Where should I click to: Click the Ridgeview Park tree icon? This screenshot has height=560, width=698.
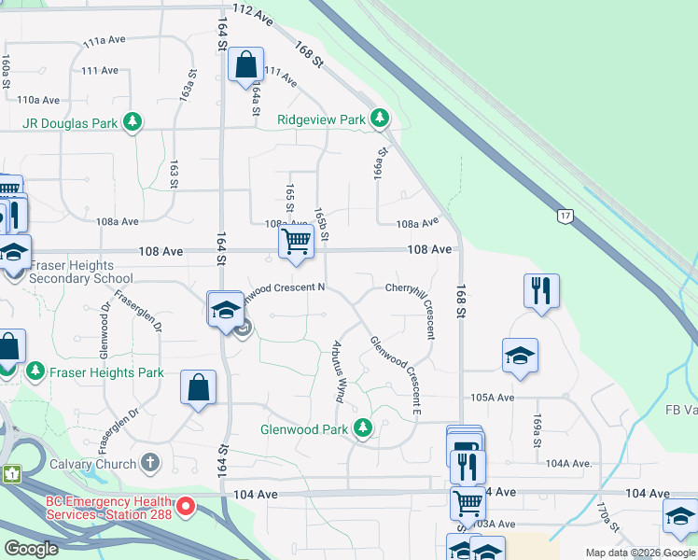[x=379, y=119]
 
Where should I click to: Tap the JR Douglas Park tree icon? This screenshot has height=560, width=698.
[x=133, y=121]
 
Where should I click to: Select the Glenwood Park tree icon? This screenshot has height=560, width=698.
[x=363, y=429]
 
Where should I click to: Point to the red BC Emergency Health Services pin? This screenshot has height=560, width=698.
[x=186, y=507]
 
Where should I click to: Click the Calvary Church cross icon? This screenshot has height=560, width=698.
[x=150, y=463]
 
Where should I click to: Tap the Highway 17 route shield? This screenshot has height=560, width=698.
[x=564, y=217]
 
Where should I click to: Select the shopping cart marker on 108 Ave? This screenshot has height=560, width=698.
[x=296, y=242]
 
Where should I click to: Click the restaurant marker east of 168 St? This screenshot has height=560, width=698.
[x=541, y=290]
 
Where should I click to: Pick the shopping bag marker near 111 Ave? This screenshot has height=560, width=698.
[x=246, y=65]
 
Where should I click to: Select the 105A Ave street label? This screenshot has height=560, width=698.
[x=493, y=397]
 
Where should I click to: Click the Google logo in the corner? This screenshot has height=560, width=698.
[x=31, y=549]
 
